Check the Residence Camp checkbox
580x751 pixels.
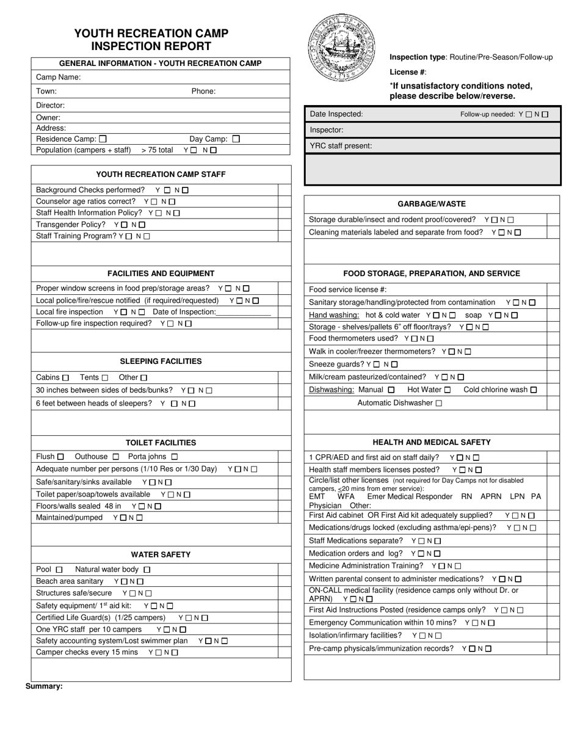(103, 139)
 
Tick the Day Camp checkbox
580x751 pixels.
(236, 139)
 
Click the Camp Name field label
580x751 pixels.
(58, 78)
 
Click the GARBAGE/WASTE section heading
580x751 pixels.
(432, 204)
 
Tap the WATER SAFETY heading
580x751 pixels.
(161, 554)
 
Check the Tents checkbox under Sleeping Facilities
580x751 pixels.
(105, 378)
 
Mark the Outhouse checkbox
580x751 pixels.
(116, 457)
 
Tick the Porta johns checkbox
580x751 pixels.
(175, 457)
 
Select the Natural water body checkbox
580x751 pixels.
(147, 570)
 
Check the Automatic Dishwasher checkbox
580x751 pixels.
(439, 403)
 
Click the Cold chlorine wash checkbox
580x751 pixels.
(534, 390)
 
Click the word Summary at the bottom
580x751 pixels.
(44, 686)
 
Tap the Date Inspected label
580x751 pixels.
(336, 114)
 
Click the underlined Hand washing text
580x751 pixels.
(334, 315)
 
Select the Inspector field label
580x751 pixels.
(327, 130)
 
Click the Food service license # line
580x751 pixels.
(348, 289)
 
